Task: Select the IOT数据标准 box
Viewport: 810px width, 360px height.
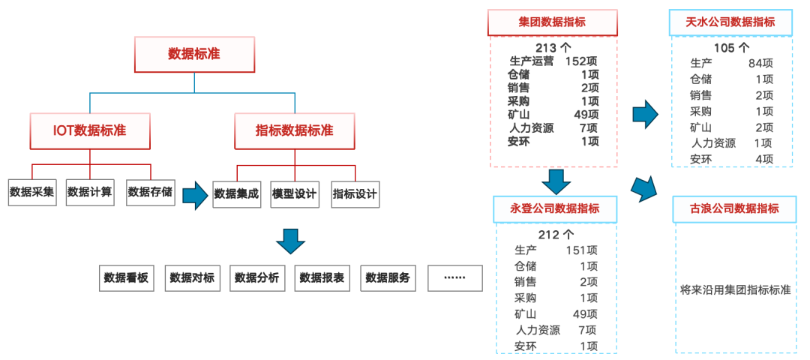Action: click(90, 130)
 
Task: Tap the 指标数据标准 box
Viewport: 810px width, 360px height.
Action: click(295, 130)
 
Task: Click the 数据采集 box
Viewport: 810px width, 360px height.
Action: click(32, 192)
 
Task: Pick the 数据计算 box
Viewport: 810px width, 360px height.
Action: click(90, 192)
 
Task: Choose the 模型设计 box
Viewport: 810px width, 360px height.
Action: click(295, 193)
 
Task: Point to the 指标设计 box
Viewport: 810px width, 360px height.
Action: click(355, 193)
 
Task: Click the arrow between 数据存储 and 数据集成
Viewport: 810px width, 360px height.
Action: click(195, 194)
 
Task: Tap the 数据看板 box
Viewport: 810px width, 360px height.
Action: click(126, 278)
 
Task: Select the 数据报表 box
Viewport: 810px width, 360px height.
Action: click(322, 278)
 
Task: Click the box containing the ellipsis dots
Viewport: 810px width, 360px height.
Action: click(455, 278)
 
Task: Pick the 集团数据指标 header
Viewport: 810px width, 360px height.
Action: click(552, 22)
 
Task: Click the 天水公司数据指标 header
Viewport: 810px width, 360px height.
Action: click(730, 22)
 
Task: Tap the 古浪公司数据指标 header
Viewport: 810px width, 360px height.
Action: click(734, 208)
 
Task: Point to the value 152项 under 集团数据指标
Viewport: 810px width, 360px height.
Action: click(582, 61)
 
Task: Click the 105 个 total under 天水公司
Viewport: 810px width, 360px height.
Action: click(731, 48)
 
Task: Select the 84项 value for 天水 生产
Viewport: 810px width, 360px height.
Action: click(760, 63)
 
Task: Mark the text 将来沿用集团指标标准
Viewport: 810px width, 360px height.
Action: click(735, 289)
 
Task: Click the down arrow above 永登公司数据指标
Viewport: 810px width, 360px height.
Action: click(556, 181)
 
